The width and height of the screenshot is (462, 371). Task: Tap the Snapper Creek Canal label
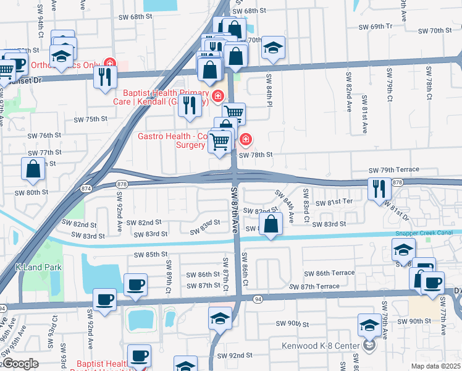click(x=424, y=232)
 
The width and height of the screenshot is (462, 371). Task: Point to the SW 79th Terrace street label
click(x=394, y=169)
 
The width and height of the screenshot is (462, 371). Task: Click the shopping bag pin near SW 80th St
click(x=33, y=168)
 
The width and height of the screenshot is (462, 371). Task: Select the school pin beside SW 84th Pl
click(x=272, y=48)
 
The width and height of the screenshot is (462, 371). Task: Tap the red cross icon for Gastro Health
click(x=246, y=140)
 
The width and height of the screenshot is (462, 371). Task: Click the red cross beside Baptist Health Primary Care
click(x=217, y=96)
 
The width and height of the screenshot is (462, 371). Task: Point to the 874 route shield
click(x=86, y=188)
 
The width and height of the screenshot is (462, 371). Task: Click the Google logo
click(x=20, y=364)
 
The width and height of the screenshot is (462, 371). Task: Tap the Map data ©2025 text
click(x=435, y=365)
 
